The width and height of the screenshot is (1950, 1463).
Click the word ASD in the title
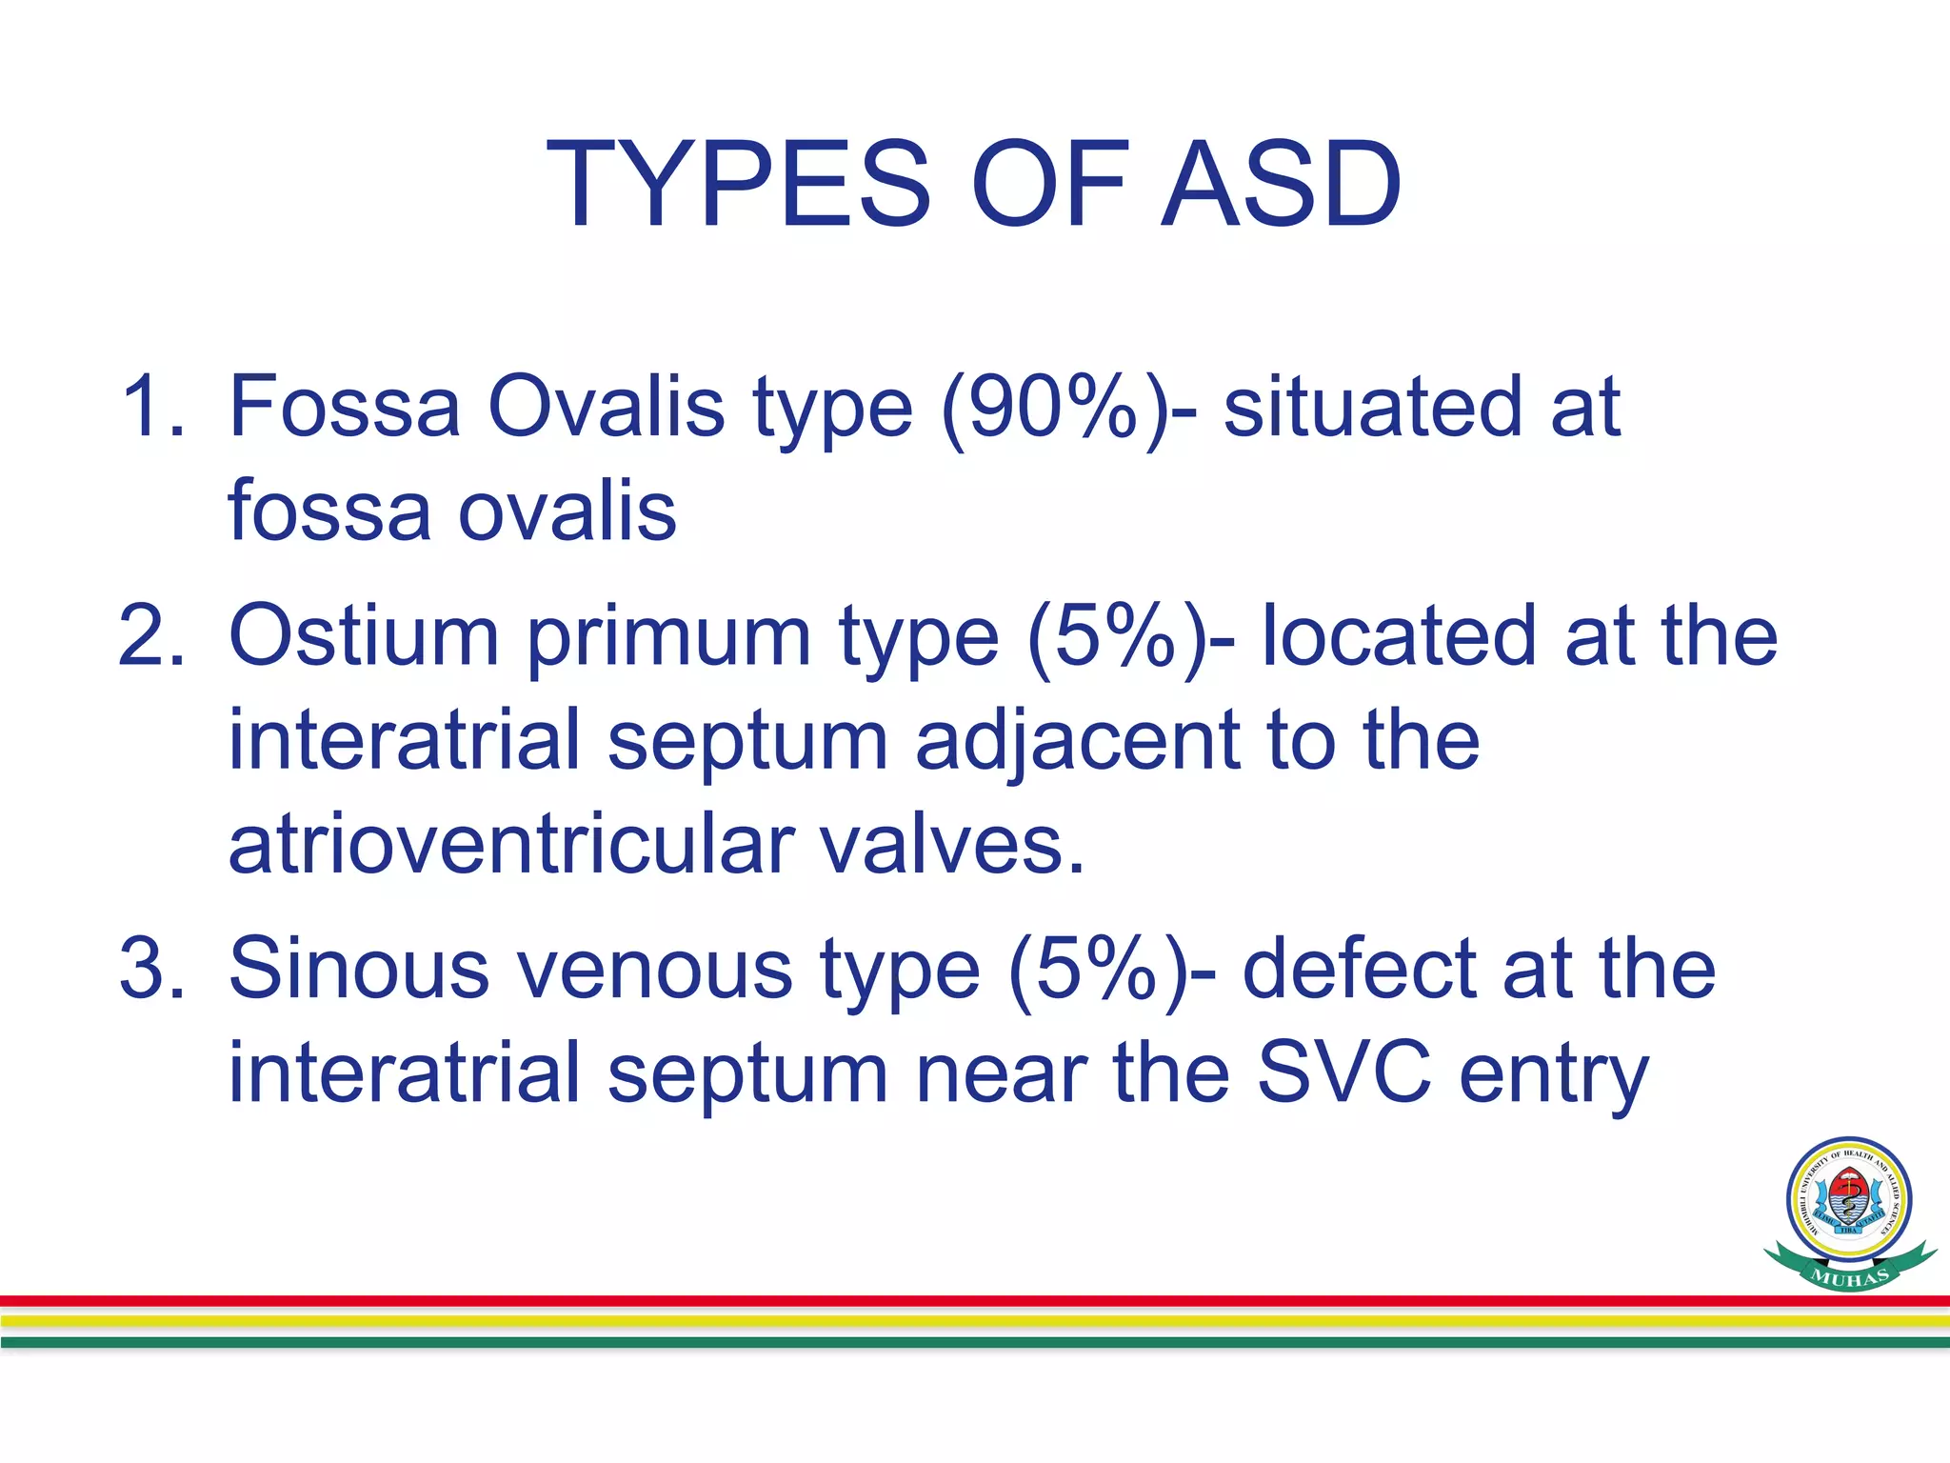[x=1281, y=184]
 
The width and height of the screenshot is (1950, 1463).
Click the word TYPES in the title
[x=738, y=184]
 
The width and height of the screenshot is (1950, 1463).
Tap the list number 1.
[x=152, y=407]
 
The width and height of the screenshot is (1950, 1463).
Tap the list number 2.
[x=152, y=635]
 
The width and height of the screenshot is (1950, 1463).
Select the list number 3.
[x=152, y=969]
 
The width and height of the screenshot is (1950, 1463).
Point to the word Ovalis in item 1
[x=606, y=407]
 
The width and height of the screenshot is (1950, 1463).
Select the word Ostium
[x=364, y=635]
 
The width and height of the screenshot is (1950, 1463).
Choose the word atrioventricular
[x=511, y=845]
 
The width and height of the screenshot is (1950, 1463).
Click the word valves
[x=952, y=845]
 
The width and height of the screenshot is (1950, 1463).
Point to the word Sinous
[x=359, y=969]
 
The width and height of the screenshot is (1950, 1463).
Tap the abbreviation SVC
[x=1343, y=1073]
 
